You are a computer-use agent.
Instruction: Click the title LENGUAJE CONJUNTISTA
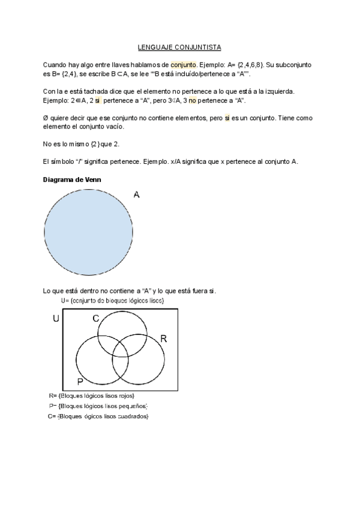coord(179,47)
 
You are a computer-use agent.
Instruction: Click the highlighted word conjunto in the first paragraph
coord(183,64)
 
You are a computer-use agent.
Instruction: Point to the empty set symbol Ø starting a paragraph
coord(46,118)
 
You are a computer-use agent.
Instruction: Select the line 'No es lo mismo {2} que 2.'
coord(85,145)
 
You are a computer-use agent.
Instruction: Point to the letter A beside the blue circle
coord(137,194)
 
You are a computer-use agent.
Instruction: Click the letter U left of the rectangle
coord(56,319)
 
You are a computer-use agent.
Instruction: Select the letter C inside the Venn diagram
coord(95,319)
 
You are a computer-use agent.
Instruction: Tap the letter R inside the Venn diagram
coord(163,339)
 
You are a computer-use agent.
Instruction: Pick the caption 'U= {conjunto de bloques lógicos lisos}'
coord(113,300)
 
